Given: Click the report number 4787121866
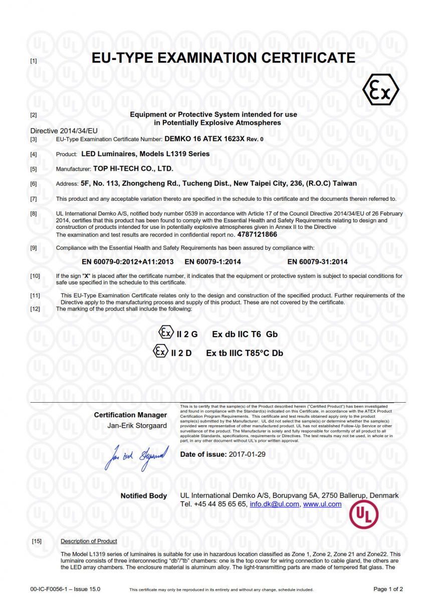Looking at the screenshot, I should (x=257, y=234).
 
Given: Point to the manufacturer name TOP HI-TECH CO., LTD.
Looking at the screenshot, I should (x=133, y=169).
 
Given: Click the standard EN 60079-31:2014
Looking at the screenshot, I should (x=317, y=261).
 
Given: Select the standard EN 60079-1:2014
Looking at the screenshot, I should (x=212, y=261).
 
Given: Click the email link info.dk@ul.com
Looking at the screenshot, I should (x=274, y=504).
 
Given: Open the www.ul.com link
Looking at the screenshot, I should (x=322, y=504).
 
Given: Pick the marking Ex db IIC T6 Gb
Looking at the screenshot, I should (x=245, y=334).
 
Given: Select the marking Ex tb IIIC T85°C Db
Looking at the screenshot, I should (x=245, y=353).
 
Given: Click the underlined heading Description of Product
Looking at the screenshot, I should (x=89, y=541).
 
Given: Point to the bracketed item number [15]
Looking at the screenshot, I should (x=36, y=541).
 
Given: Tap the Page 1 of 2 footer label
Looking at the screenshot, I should (x=388, y=589).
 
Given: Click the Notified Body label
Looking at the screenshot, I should (x=144, y=496).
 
